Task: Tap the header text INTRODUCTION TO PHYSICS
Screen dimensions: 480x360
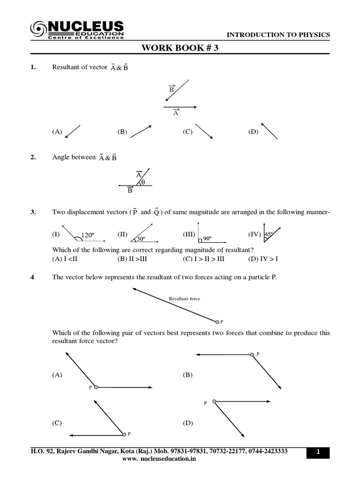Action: [278, 35]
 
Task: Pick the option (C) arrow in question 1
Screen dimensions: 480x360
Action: [204, 131]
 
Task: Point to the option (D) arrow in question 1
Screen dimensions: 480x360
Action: [269, 131]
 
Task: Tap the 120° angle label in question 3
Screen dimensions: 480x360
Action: [88, 235]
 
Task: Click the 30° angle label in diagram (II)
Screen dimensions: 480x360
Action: [140, 239]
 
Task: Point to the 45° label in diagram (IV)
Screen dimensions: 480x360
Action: [269, 234]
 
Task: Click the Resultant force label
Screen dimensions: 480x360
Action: [184, 299]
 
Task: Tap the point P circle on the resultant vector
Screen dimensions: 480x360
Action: [217, 322]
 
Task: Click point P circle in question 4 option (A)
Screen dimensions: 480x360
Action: [96, 387]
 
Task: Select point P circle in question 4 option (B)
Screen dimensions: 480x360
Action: [253, 355]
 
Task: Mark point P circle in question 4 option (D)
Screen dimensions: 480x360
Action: [214, 401]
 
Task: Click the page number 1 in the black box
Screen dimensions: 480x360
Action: [318, 452]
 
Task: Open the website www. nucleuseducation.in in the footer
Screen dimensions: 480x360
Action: [159, 459]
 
